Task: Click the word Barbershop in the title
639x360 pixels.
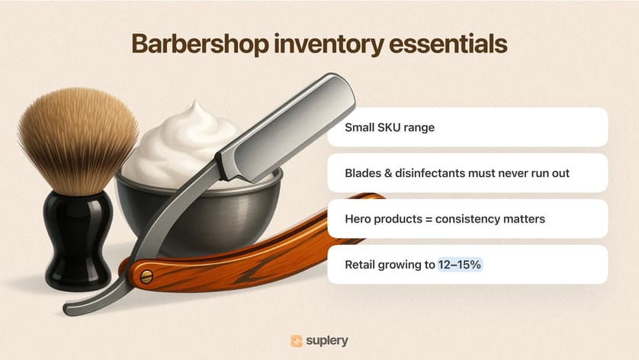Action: [200, 44]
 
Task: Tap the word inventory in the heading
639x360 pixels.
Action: [329, 44]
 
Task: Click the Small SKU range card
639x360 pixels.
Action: [467, 127]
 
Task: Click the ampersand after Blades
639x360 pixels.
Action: [388, 173]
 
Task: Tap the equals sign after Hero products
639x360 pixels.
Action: [429, 220]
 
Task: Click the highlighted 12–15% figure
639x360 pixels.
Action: [460, 265]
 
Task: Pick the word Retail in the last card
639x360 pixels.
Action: [360, 265]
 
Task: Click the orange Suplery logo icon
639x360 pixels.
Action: [297, 341]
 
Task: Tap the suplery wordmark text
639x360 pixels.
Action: [327, 341]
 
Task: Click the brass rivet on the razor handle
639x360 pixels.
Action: [146, 277]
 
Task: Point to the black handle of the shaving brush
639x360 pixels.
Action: [78, 239]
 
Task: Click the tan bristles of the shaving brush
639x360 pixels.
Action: [78, 139]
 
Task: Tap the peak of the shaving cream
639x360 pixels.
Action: [196, 104]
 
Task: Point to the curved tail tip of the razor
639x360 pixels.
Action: [68, 310]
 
